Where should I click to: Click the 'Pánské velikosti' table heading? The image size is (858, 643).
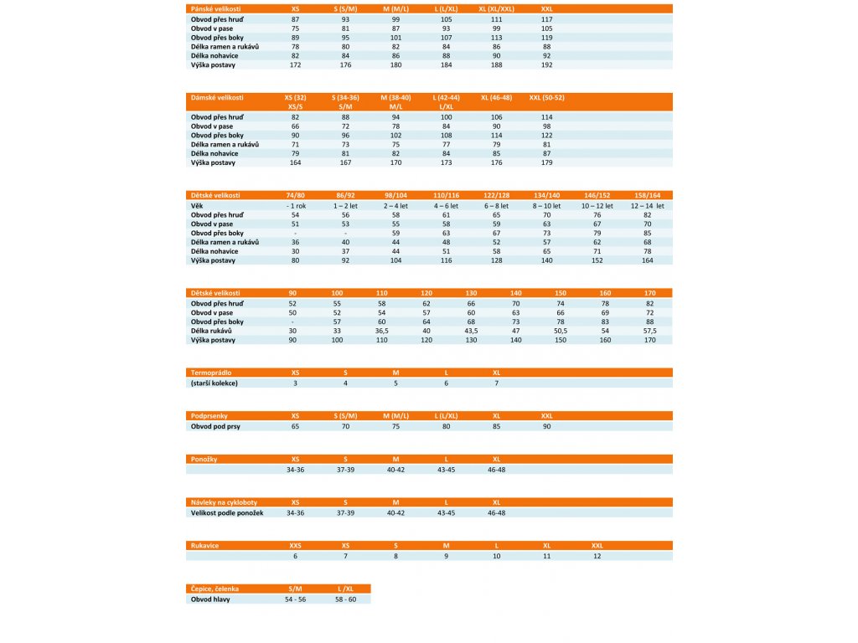(x=215, y=8)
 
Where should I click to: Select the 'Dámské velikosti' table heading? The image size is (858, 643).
(x=217, y=98)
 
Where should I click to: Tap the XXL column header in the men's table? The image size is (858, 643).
(x=546, y=8)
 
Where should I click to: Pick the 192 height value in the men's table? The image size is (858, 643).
(x=546, y=64)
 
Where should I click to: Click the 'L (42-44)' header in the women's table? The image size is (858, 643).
(x=446, y=98)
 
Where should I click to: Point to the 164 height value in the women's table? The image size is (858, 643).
(x=295, y=162)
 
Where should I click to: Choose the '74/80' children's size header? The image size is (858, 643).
(x=295, y=195)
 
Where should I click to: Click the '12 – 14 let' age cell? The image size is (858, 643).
(x=647, y=205)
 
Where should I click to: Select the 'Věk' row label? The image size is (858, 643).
(x=198, y=205)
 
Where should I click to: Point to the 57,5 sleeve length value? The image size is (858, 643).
(x=649, y=331)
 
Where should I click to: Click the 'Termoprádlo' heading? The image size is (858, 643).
(x=211, y=373)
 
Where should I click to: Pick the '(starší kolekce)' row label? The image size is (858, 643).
(x=214, y=383)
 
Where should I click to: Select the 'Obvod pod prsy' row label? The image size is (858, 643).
(x=215, y=426)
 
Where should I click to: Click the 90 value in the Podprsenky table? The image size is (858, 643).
(x=546, y=426)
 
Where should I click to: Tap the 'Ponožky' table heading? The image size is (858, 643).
(x=206, y=459)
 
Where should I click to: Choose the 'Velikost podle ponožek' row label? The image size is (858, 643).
(x=227, y=512)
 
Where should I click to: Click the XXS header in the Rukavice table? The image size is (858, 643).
(x=295, y=545)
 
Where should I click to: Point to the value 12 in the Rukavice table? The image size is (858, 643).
(x=597, y=556)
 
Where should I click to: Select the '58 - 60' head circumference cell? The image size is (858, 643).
(x=345, y=599)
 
